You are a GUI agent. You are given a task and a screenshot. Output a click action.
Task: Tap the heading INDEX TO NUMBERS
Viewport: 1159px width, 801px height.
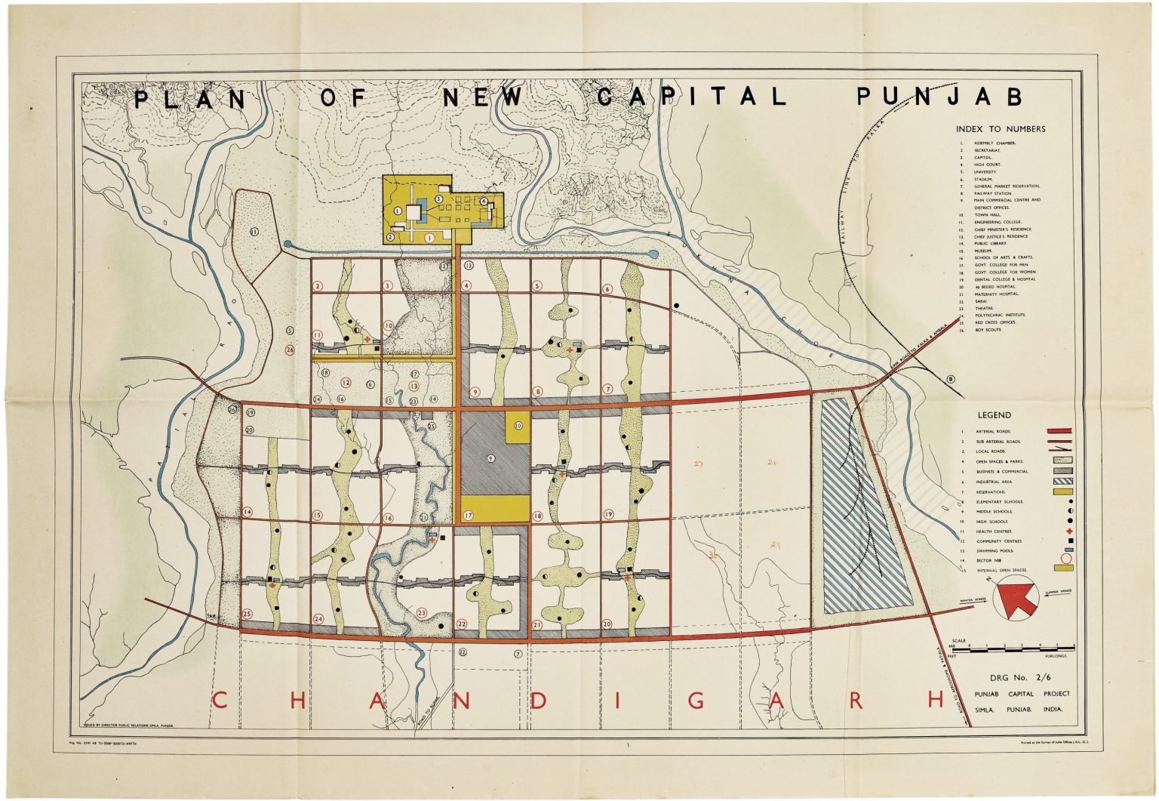point(1001,129)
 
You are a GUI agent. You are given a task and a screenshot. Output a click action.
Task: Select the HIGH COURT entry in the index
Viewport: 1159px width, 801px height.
point(987,165)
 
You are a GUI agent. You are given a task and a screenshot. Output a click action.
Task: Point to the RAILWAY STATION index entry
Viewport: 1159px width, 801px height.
point(992,193)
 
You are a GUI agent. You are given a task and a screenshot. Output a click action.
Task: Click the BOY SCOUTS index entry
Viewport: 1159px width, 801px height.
point(988,330)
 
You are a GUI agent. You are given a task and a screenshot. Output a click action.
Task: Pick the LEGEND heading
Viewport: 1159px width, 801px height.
point(995,415)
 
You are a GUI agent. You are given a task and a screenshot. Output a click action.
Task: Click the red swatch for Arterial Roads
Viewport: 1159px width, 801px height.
point(1059,431)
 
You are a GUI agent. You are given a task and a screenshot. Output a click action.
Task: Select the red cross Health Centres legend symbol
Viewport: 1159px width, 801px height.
point(1068,531)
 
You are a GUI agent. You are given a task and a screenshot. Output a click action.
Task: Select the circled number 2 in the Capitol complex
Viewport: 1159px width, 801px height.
point(391,237)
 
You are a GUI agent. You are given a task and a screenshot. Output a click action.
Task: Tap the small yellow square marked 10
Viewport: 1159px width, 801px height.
point(518,426)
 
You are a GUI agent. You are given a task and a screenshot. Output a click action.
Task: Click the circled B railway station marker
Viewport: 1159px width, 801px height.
point(950,379)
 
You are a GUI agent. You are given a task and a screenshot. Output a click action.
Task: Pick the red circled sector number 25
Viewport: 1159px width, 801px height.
point(247,614)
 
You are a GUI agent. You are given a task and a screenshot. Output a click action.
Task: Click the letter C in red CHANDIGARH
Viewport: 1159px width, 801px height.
point(220,700)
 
